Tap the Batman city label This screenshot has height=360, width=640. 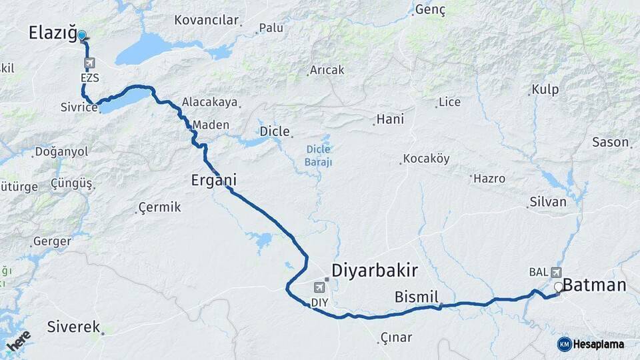(x=595, y=285)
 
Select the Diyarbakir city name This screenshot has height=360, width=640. (x=374, y=270)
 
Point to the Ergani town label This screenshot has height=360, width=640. (x=213, y=180)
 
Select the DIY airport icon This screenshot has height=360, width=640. (x=320, y=287)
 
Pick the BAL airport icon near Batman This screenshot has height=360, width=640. (x=556, y=272)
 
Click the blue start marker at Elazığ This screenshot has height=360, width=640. (x=82, y=35)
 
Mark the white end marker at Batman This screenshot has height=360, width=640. (x=559, y=287)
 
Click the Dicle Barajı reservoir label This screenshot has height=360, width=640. (x=319, y=155)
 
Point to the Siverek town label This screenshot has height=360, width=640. (x=73, y=327)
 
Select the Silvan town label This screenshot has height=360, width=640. (x=547, y=201)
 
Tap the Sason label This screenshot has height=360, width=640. (x=610, y=141)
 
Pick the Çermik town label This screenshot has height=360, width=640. (x=159, y=207)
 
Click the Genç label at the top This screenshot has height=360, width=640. (x=429, y=9)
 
